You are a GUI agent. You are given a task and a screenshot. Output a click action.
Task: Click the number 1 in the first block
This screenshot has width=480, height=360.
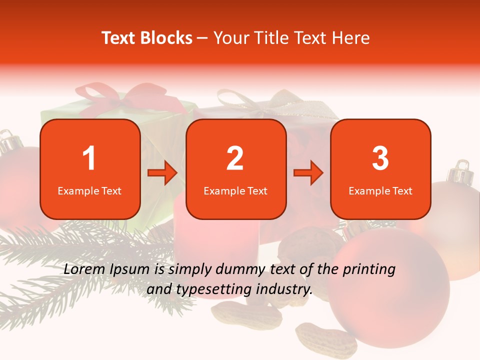(89, 158)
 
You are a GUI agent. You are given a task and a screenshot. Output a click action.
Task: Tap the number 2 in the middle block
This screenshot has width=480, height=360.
(235, 158)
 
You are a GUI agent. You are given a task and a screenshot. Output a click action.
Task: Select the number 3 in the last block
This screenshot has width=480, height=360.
(380, 158)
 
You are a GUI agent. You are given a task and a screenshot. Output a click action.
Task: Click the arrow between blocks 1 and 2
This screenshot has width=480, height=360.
(162, 173)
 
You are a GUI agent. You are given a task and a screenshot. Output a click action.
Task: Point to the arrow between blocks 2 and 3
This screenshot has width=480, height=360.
(308, 173)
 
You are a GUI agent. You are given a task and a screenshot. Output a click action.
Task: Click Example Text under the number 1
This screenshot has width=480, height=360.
(89, 191)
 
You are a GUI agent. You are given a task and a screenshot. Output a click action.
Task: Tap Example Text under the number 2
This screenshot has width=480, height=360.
(235, 191)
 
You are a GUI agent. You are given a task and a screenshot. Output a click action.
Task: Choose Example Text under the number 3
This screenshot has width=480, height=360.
(380, 191)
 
